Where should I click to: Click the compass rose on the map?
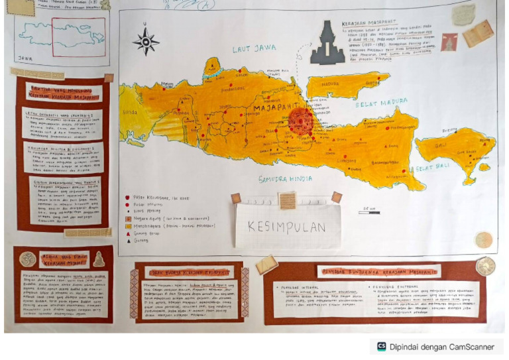pos(145,40)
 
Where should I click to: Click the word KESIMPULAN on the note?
pos(287,227)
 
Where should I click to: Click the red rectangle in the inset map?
pos(78,32)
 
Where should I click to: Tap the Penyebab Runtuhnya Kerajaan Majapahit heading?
pos(378,271)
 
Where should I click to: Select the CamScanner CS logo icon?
pos(381,346)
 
